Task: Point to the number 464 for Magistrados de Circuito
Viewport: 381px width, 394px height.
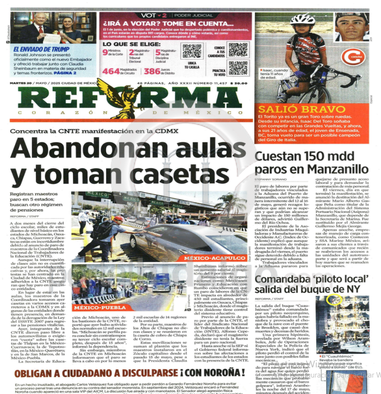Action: [x=111, y=71]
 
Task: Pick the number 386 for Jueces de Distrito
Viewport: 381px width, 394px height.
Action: [x=152, y=71]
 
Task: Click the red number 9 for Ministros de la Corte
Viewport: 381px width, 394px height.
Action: [x=105, y=52]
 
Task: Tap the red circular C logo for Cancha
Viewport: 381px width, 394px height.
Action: [x=352, y=56]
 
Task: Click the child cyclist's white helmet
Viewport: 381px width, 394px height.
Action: [x=302, y=19]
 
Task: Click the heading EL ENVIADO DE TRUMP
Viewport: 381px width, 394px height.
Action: [x=41, y=49]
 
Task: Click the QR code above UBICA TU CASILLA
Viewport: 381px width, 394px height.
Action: [x=191, y=51]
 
